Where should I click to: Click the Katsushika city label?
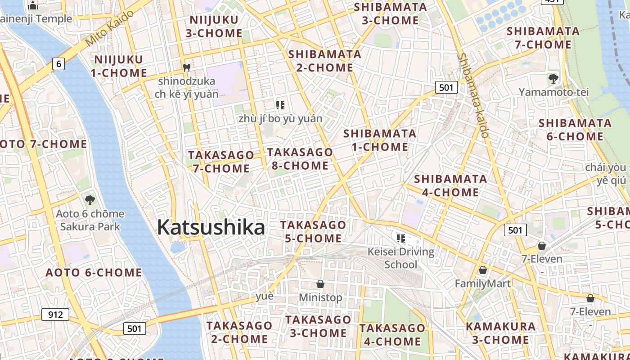tap(211, 227)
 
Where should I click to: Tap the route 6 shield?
tap(58, 64)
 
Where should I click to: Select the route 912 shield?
tap(55, 314)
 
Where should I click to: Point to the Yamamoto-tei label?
tap(553, 92)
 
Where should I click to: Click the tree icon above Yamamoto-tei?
tap(553, 79)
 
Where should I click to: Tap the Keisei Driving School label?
tap(401, 258)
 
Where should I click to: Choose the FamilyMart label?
tap(482, 283)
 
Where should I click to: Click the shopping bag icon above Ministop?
tap(320, 284)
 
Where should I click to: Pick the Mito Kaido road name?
tap(109, 28)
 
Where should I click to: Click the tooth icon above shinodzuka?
tap(187, 68)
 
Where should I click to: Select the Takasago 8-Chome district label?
tap(300, 159)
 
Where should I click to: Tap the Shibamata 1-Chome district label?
tap(380, 140)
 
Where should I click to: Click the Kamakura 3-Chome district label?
tap(501, 333)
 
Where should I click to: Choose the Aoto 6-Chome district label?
tap(94, 272)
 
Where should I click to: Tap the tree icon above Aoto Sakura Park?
tap(90, 200)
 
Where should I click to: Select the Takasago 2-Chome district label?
tap(239, 332)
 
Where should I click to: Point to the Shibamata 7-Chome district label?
tap(543, 38)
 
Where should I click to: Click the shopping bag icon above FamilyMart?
tap(483, 270)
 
